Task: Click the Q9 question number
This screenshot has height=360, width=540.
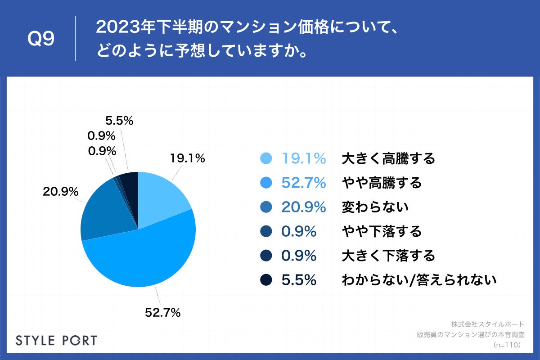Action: (x=41, y=39)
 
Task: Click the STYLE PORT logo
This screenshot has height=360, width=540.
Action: (x=56, y=340)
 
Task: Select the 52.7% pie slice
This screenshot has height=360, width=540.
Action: (x=144, y=261)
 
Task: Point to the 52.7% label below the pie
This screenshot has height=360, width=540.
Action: (x=162, y=312)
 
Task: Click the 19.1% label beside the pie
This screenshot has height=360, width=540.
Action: (x=187, y=158)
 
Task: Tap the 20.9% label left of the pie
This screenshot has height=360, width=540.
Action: (x=61, y=192)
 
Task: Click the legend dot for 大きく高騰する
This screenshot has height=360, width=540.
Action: (x=266, y=158)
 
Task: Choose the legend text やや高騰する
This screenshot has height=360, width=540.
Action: (x=382, y=183)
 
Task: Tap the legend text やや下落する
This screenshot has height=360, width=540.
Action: (x=382, y=231)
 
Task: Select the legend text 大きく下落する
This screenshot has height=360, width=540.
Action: (x=388, y=256)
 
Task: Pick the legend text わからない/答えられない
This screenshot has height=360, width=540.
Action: (x=419, y=280)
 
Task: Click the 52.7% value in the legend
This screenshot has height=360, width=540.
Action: (x=303, y=183)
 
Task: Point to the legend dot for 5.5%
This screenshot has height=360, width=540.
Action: (x=266, y=280)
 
